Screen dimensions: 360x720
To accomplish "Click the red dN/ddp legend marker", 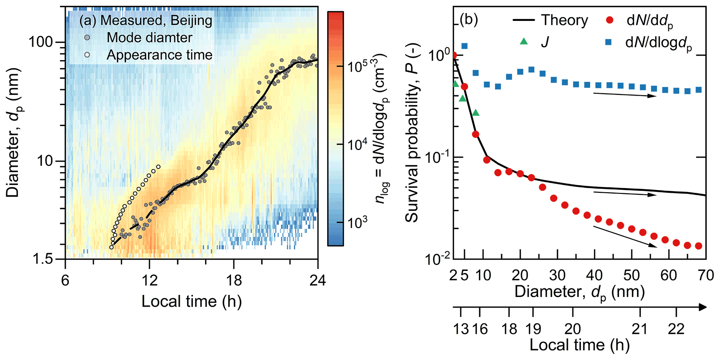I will [x=610, y=20].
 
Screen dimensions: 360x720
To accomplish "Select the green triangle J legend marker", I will [x=524, y=41].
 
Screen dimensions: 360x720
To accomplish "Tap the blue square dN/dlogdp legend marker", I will [x=609, y=42].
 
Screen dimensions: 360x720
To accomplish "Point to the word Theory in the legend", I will [x=564, y=20].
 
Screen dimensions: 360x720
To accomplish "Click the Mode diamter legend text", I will [x=149, y=38].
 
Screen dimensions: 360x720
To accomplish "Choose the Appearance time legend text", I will [x=159, y=55].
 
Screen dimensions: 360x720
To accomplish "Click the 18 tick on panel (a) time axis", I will [x=233, y=280].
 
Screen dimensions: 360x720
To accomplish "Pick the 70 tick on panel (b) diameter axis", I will [x=706, y=275].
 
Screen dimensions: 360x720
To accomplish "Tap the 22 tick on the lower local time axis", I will [x=676, y=329].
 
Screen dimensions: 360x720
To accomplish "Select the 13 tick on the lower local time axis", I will [x=461, y=329].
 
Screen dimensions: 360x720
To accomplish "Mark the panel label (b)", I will [x=469, y=20].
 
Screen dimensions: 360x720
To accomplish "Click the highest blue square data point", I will [x=464, y=46].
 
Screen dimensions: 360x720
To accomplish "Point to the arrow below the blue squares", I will [x=624, y=95].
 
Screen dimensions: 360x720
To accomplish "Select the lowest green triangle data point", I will [x=475, y=113].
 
